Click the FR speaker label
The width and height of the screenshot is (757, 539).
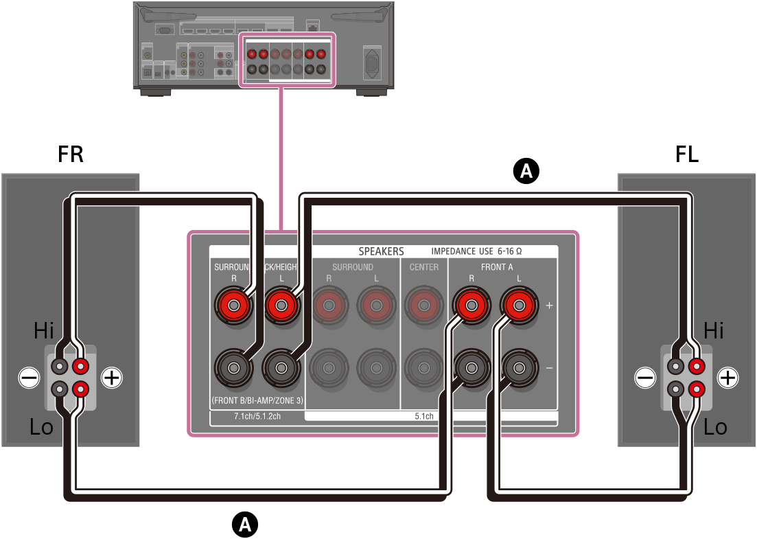pos(71,154)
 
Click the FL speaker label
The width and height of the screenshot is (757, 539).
pos(686,154)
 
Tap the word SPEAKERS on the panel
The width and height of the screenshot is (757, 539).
pos(381,251)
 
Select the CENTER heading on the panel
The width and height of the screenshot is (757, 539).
pos(423,267)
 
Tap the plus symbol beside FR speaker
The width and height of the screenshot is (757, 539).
pos(111,377)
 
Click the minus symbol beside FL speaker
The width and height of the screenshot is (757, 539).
pos(644,377)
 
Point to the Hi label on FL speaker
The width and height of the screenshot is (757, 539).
pos(714,332)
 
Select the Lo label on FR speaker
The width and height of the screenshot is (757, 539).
pos(41,427)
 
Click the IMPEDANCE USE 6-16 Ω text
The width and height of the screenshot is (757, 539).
pos(481,251)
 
